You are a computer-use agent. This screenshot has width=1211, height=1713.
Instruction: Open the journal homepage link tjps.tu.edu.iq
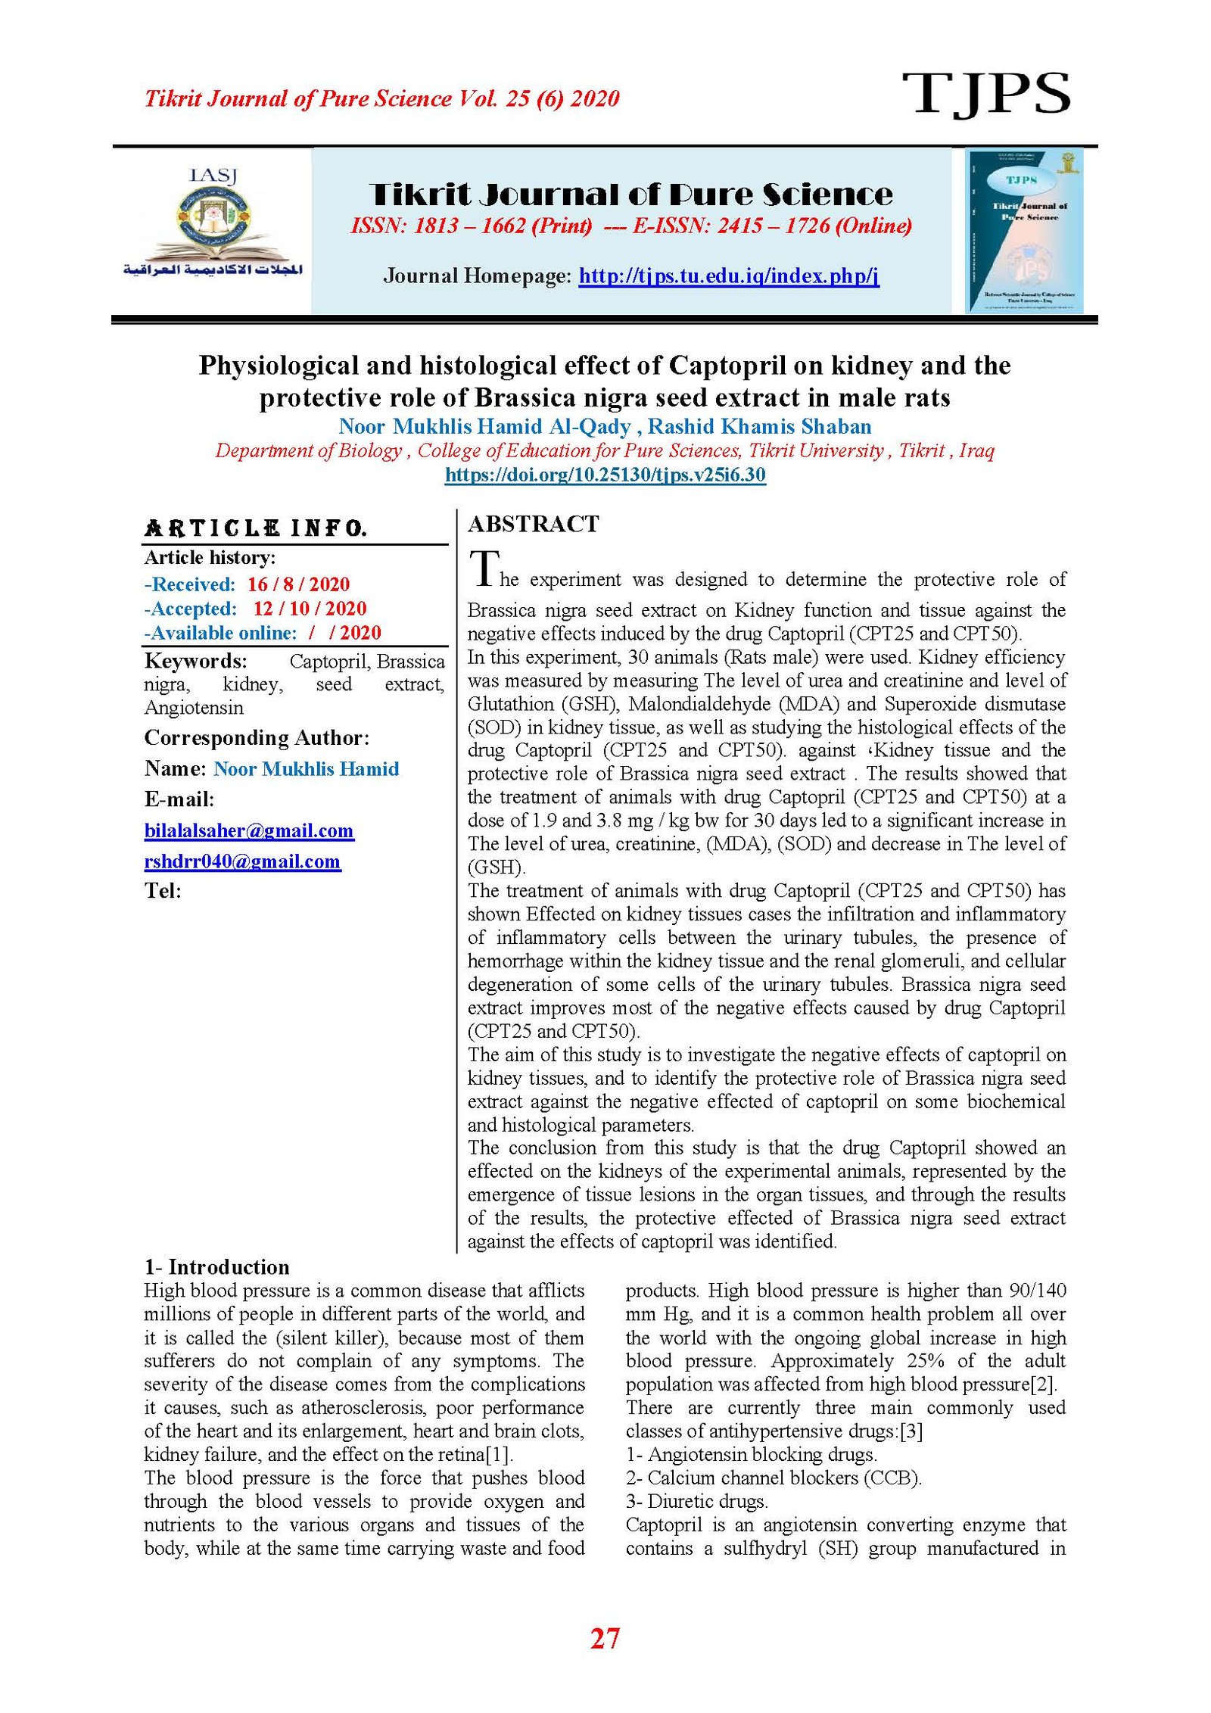(x=728, y=276)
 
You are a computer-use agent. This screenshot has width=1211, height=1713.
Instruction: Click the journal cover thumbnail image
(x=1024, y=231)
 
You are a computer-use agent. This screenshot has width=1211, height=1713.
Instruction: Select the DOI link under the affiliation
(x=605, y=475)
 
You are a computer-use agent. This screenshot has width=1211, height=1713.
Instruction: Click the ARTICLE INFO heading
(x=256, y=528)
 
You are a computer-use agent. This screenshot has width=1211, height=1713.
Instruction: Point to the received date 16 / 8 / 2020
(x=298, y=584)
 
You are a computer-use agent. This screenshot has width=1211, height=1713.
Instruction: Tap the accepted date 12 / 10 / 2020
(x=309, y=609)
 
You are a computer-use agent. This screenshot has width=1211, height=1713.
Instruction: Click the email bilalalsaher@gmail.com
(x=249, y=830)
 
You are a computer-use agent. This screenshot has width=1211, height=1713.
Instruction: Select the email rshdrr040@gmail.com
(x=242, y=861)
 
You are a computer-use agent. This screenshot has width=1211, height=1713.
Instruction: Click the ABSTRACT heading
(x=533, y=524)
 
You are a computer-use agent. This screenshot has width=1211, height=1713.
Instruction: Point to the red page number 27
(x=605, y=1638)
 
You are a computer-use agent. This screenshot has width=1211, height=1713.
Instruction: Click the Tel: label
(x=163, y=891)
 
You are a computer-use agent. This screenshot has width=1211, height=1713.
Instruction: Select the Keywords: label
(x=195, y=661)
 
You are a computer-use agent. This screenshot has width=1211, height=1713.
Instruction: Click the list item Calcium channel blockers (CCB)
(x=774, y=1478)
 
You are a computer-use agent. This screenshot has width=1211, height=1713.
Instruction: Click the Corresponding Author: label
(x=257, y=737)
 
